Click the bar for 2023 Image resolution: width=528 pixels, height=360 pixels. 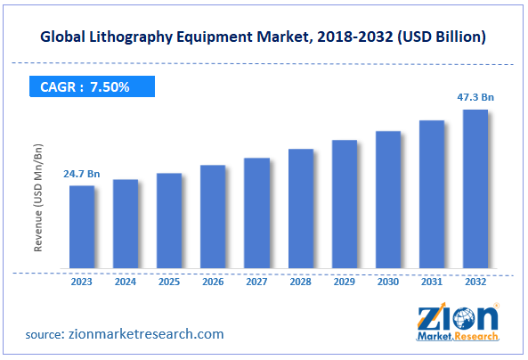(x=82, y=227)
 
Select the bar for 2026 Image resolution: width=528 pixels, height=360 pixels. (x=213, y=217)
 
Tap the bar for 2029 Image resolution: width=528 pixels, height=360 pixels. (x=344, y=204)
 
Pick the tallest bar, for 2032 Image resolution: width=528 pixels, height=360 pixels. (x=475, y=189)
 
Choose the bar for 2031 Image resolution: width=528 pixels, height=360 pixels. (x=431, y=194)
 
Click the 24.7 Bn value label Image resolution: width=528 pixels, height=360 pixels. (x=81, y=174)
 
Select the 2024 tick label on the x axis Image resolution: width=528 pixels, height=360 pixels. (x=126, y=282)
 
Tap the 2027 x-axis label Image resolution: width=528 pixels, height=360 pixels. (x=256, y=282)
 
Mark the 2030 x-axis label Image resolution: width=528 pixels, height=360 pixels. (x=387, y=282)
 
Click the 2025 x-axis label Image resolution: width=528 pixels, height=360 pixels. (x=169, y=282)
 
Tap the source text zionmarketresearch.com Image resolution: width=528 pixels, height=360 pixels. (x=148, y=334)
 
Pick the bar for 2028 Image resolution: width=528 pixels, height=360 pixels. (x=300, y=209)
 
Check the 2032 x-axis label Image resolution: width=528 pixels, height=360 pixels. (x=475, y=282)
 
